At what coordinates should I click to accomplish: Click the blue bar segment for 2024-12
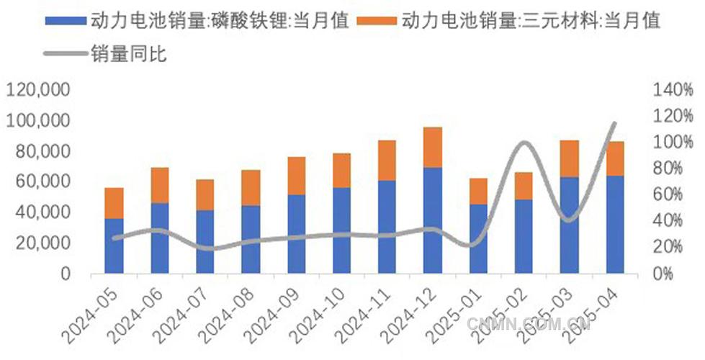point(432,220)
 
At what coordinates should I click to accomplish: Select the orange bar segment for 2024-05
point(114,203)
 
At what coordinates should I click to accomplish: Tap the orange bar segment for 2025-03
point(569,158)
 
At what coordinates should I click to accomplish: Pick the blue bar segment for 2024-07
point(205,241)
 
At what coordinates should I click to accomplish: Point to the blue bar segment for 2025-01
point(478,238)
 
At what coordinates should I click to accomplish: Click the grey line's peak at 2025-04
point(614,123)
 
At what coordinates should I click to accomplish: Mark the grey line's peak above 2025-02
point(524,143)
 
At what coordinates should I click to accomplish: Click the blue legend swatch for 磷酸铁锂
point(66,21)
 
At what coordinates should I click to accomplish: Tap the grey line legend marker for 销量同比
point(66,53)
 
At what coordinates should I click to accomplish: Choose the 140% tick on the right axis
point(673,90)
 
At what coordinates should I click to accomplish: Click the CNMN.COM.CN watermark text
point(529,324)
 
